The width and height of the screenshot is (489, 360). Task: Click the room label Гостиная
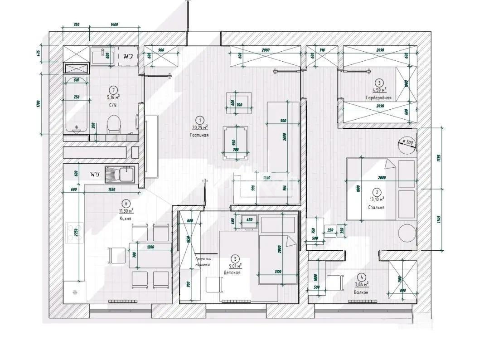tap(200, 135)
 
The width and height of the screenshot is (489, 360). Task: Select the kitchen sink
tap(120, 174)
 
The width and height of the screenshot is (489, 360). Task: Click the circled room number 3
tap(378, 83)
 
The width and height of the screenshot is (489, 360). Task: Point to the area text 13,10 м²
tap(377, 199)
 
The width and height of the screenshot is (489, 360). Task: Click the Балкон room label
tap(361, 292)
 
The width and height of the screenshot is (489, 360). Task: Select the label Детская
tap(232, 273)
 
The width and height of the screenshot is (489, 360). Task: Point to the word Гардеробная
tap(378, 98)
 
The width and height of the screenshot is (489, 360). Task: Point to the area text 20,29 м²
tap(200, 127)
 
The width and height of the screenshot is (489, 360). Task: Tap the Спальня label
tap(377, 207)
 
